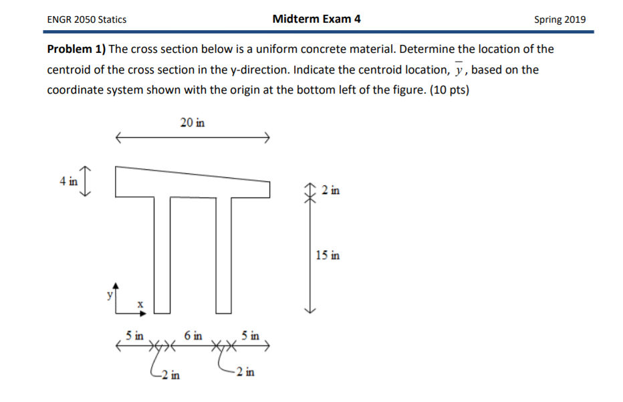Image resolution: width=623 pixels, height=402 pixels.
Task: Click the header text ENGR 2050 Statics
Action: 86,19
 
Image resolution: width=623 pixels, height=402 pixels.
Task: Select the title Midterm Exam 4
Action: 316,19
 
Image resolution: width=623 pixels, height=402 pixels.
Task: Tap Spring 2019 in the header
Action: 559,19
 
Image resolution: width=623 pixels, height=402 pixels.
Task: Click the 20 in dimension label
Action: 193,122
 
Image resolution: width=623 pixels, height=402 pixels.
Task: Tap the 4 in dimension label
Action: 68,181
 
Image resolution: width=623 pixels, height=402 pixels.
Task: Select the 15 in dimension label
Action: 327,255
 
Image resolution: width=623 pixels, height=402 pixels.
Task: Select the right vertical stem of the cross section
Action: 223,254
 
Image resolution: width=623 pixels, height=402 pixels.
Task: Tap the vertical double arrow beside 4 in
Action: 87,181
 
